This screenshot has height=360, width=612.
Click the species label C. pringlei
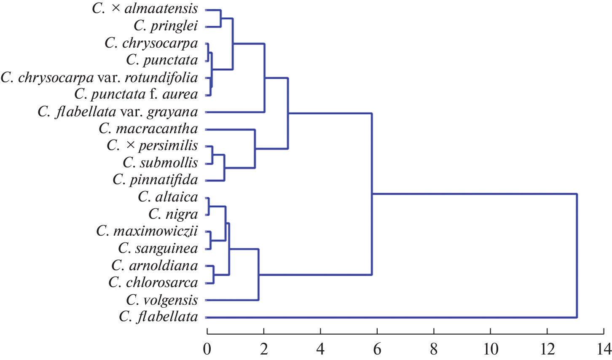pos(166,26)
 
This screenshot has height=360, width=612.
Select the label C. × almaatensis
pos(145,9)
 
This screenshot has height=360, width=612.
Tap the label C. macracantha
pos(148,129)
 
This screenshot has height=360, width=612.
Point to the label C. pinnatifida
pos(155,180)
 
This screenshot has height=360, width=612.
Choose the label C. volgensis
pos(162,300)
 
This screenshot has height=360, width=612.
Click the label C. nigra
pos(173,215)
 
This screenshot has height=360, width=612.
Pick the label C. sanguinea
pos(158,249)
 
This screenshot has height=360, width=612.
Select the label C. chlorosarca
pos(153,283)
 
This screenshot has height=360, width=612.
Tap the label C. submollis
pos(160,163)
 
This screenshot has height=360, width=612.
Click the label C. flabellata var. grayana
pos(118,112)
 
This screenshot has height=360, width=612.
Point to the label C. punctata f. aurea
pos(136,94)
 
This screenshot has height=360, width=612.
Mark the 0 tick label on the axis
pos(207,349)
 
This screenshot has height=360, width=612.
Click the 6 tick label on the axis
pos(377,349)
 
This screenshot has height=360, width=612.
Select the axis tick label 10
pos(490,349)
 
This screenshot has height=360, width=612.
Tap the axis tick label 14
pos(603,349)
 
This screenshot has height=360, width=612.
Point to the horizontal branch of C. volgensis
pos(232,300)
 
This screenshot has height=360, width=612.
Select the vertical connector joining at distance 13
pos(577,255)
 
